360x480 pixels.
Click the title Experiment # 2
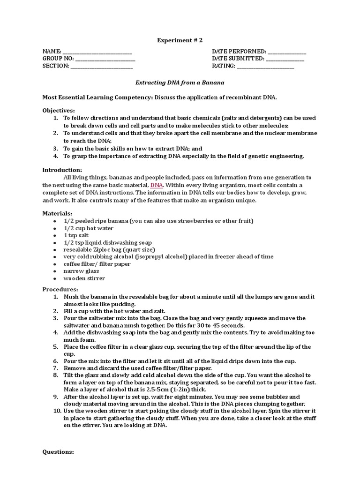pyautogui.click(x=180, y=41)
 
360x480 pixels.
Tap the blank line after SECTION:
pyautogui.click(x=101, y=67)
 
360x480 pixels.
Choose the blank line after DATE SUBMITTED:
pyautogui.click(x=285, y=59)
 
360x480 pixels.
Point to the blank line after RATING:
pyautogui.click(x=265, y=67)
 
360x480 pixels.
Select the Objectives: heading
pyautogui.click(x=59, y=110)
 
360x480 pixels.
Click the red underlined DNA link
pyautogui.click(x=157, y=186)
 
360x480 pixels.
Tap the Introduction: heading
pyautogui.click(x=62, y=170)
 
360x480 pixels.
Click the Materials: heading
pyautogui.click(x=57, y=213)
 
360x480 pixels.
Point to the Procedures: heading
pyautogui.click(x=60, y=289)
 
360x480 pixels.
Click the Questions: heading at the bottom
pyautogui.click(x=58, y=452)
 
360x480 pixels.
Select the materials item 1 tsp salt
pyautogui.click(x=76, y=235)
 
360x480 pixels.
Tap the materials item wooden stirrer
pyautogui.click(x=84, y=278)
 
